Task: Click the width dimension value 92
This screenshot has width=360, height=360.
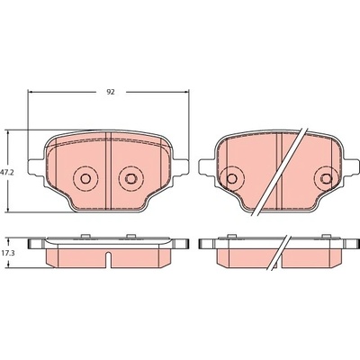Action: (x=111, y=92)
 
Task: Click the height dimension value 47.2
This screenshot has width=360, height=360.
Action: (x=6, y=173)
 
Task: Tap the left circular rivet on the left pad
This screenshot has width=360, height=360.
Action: (x=85, y=179)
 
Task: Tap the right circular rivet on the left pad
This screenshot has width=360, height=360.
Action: (x=130, y=179)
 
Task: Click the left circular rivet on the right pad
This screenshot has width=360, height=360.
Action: (x=231, y=179)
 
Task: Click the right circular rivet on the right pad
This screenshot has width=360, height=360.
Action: (x=327, y=179)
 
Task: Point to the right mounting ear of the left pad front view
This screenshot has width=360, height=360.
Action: (x=180, y=166)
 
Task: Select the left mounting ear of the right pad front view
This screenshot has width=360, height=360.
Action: (x=208, y=166)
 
